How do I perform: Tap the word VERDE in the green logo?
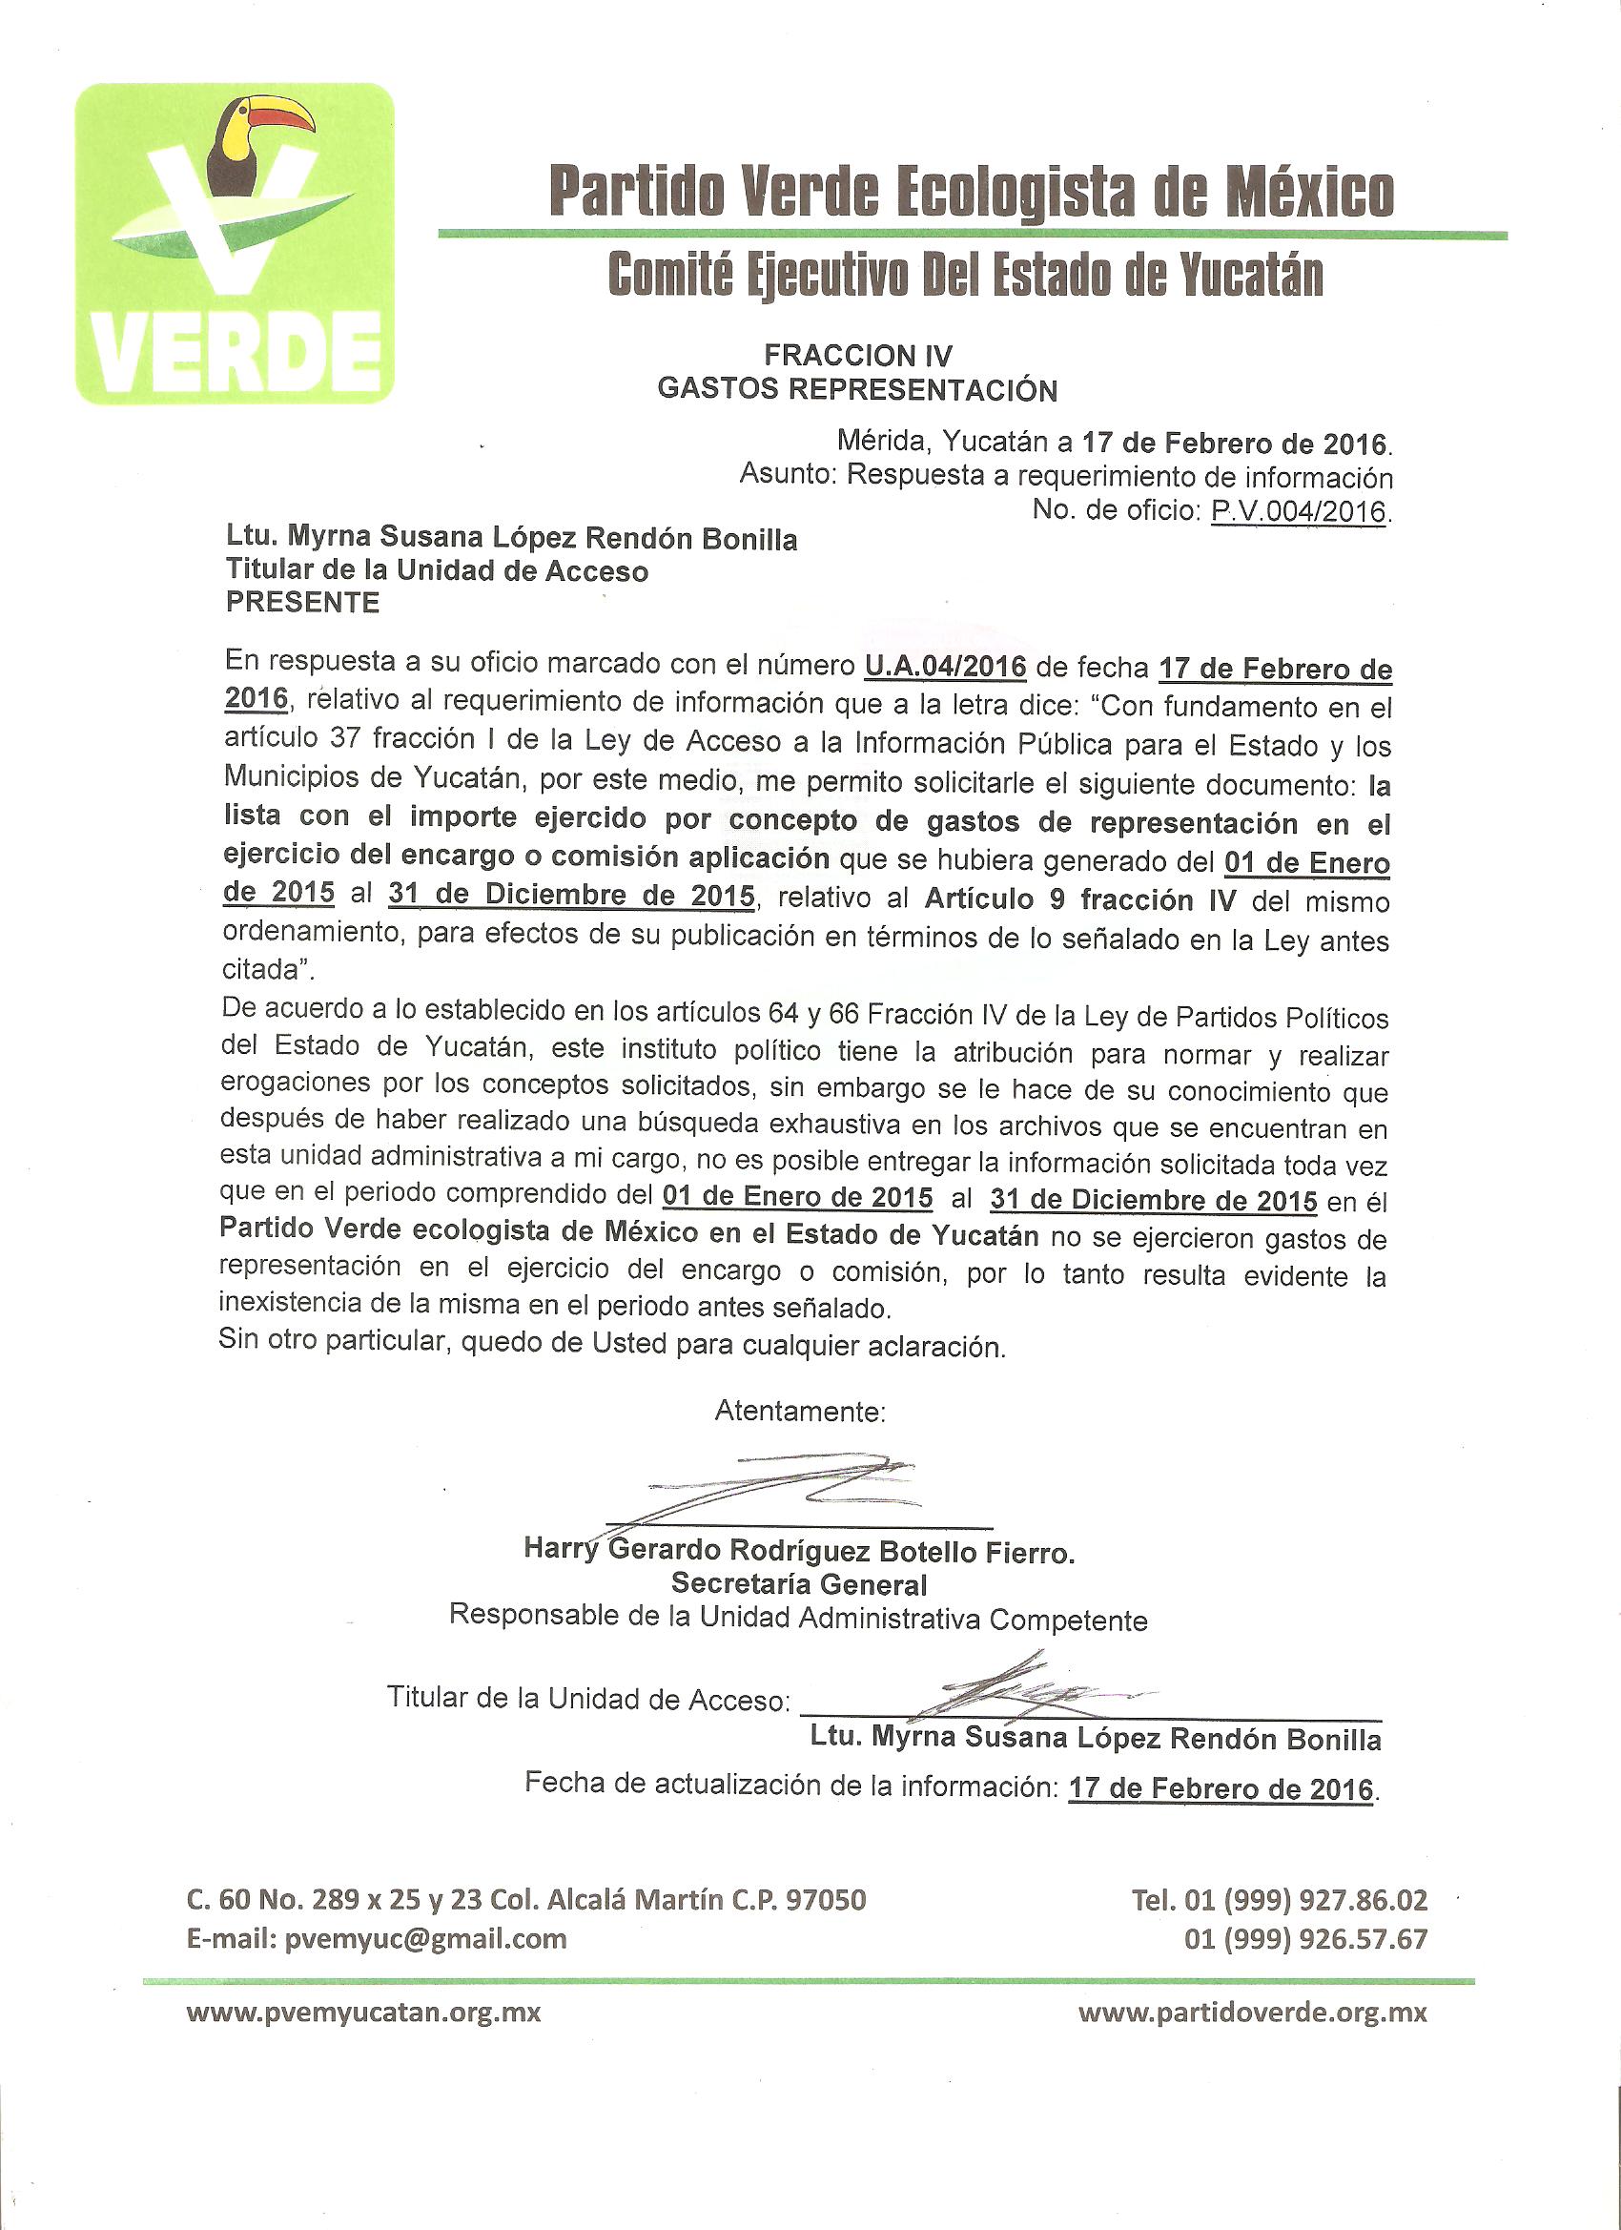[236, 352]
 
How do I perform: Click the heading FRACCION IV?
[858, 355]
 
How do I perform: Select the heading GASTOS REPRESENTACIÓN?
[857, 389]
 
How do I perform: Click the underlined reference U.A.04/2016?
[945, 667]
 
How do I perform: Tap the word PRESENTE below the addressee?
[303, 602]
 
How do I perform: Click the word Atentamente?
[800, 1411]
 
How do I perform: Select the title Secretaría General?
[799, 1584]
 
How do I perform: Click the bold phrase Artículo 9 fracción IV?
[1080, 899]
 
